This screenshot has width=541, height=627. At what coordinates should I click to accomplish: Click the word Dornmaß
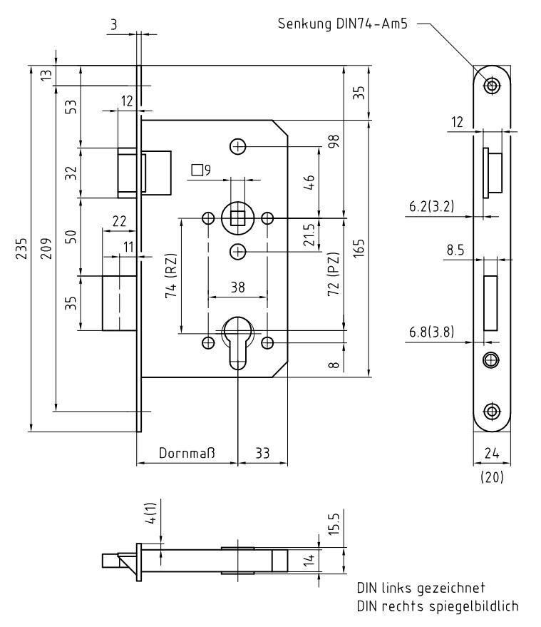pyautogui.click(x=187, y=453)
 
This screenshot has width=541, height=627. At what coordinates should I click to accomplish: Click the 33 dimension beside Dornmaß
pyautogui.click(x=262, y=453)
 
